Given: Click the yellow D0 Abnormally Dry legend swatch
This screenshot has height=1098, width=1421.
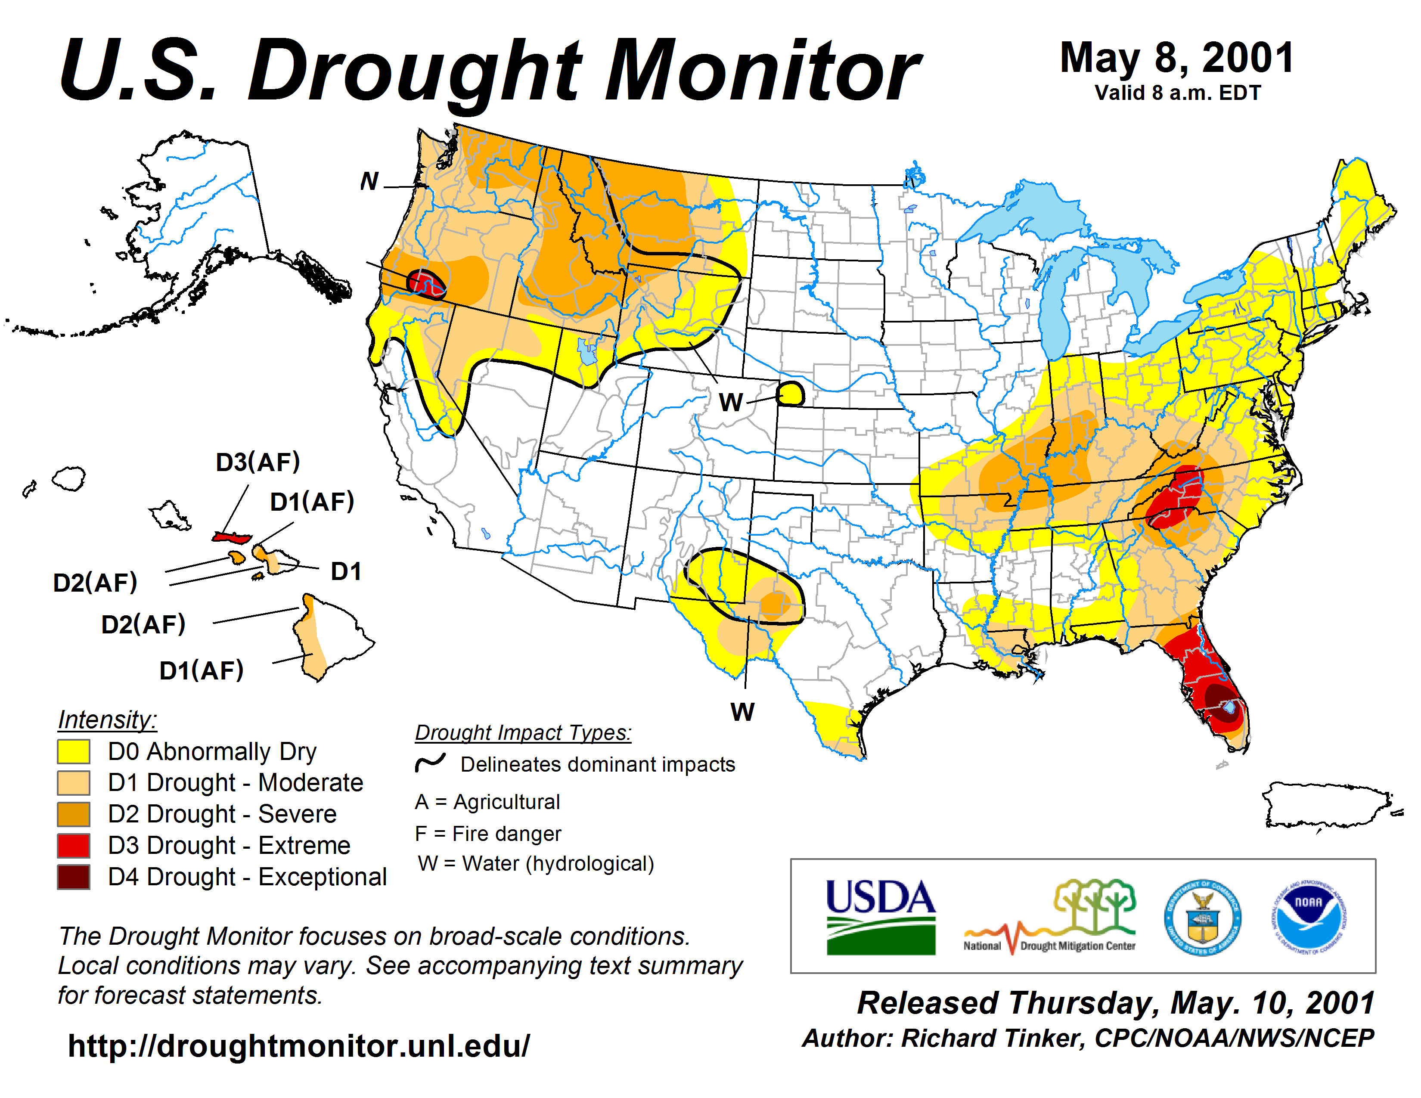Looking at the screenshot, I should [74, 751].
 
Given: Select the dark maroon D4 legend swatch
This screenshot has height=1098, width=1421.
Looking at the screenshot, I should [74, 877].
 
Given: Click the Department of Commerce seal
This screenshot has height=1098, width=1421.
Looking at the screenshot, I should [1202, 917].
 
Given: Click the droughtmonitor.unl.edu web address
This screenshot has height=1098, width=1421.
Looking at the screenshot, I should [299, 1046].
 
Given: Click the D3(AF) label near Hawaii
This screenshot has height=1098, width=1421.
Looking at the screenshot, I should [258, 462].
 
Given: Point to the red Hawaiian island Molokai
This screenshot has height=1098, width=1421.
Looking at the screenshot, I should [232, 537].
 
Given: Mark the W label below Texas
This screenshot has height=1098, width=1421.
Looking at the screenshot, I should [742, 712].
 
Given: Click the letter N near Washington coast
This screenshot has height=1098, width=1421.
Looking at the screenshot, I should [369, 181].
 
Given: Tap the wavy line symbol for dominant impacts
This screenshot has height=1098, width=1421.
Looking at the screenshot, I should [430, 762].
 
